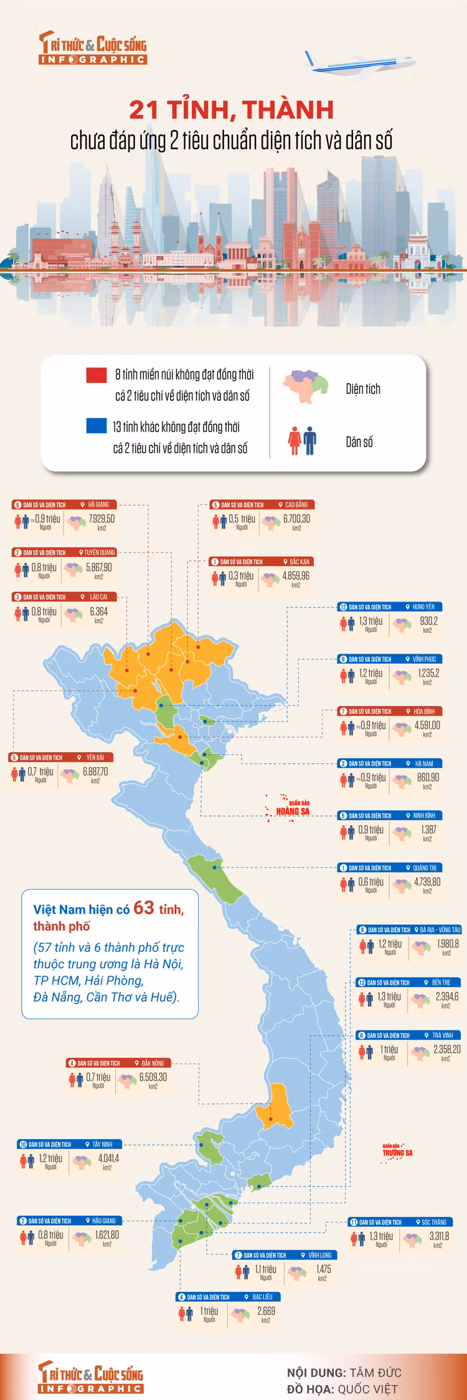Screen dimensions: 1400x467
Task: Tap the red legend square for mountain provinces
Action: [x=97, y=375]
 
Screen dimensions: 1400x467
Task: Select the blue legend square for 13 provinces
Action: [x=97, y=426]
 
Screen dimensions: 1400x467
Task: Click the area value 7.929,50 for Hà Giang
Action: [x=101, y=519]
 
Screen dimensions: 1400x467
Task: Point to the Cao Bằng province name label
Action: [x=296, y=505]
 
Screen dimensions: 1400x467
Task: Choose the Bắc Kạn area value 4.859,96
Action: [x=296, y=576]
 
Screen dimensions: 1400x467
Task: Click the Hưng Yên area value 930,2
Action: [x=428, y=621]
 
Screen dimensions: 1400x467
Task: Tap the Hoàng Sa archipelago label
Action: [x=293, y=811]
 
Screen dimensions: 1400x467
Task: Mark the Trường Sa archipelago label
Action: [x=397, y=1152]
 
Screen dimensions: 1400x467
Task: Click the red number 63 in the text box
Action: [x=144, y=908]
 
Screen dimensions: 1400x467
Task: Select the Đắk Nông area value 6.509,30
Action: [x=153, y=1077]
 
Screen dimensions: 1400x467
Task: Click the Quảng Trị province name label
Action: [x=425, y=867]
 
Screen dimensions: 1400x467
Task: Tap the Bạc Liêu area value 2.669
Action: [x=266, y=1311]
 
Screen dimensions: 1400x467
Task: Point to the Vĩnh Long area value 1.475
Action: [x=323, y=1269]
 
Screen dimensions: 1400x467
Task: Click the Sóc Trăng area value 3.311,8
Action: [x=439, y=1236]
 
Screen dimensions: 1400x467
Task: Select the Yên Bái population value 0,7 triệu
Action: [x=40, y=772]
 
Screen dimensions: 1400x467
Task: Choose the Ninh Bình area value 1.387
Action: [x=428, y=829]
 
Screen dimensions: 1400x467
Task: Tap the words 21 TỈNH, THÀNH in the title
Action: [x=232, y=110]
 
